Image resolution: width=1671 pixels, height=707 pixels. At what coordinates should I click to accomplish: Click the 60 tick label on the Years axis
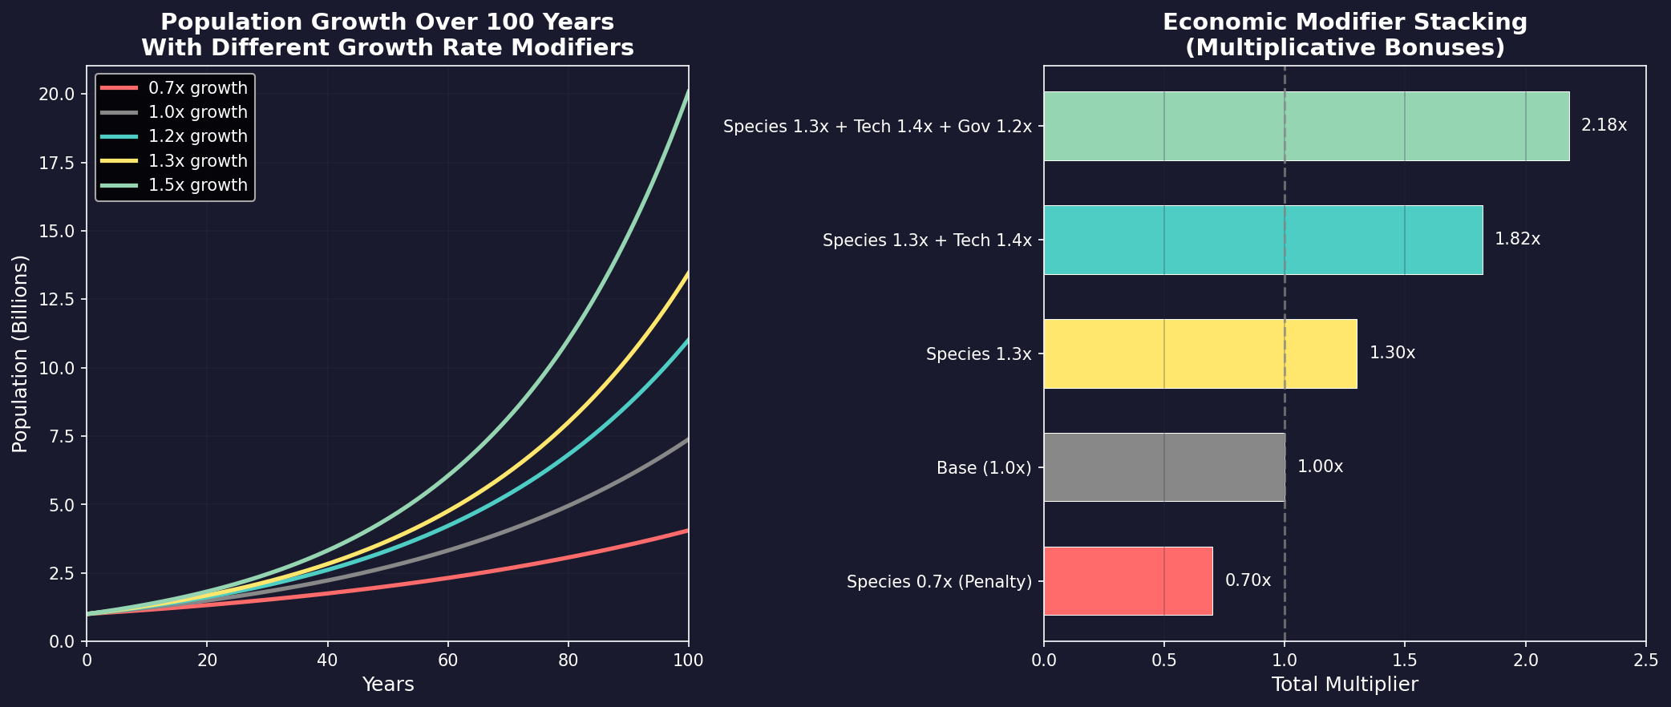[447, 661]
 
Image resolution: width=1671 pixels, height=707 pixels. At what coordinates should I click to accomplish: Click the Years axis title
[387, 685]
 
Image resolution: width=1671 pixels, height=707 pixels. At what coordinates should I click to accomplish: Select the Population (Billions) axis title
[20, 353]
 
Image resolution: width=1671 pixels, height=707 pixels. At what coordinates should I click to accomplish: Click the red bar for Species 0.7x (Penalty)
[1127, 580]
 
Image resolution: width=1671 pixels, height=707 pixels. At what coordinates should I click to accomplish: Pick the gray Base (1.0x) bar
[1163, 467]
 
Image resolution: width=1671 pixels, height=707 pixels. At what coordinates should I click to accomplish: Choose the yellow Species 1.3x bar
[1200, 353]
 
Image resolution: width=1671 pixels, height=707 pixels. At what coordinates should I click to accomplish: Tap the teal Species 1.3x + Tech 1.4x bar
[1262, 240]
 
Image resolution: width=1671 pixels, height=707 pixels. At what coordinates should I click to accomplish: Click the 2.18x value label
[1604, 126]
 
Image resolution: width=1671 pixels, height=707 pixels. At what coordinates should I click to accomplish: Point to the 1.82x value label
[1517, 240]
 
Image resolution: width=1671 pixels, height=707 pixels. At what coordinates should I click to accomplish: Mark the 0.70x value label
[1248, 580]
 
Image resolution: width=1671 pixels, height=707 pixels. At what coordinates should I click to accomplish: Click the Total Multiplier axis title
[1344, 685]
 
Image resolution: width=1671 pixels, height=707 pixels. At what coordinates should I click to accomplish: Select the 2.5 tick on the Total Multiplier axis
[1645, 661]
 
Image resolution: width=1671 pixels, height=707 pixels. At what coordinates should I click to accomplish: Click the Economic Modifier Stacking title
[1344, 34]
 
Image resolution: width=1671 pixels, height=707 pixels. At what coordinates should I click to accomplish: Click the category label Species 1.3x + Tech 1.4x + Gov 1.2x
[876, 127]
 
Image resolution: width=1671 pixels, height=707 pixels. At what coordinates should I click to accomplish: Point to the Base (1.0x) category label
[983, 468]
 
